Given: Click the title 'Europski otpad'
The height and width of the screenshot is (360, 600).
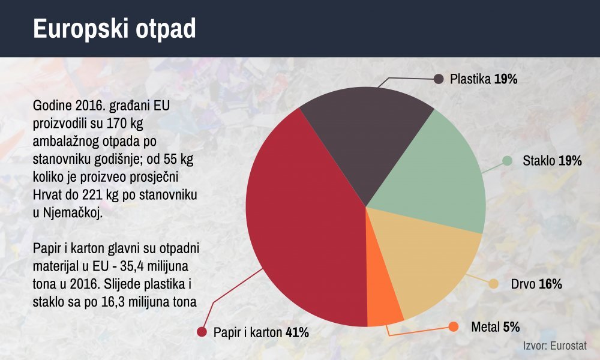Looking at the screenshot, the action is pos(115,29).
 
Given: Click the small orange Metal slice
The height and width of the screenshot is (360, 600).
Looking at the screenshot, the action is pos(383,302).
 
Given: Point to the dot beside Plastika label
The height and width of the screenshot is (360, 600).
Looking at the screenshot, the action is pos(439,79).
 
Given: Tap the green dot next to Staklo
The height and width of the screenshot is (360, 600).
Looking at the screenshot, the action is pos(507,161).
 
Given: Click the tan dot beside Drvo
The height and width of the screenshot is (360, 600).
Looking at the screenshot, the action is pos(494,284).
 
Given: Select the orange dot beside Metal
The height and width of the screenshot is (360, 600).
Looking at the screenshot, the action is pos(454,327).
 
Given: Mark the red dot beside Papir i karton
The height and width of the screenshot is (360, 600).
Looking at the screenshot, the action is pos(202,332).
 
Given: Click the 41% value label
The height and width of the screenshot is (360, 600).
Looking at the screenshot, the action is pos(298,332).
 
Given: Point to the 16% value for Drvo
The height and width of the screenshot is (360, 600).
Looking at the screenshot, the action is pos(550,284).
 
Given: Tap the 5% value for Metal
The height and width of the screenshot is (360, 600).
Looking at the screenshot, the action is pos(511,327).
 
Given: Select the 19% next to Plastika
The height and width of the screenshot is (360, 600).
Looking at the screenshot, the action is pos(505,79).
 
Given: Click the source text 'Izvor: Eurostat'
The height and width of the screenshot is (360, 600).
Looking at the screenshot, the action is pos(555,346).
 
